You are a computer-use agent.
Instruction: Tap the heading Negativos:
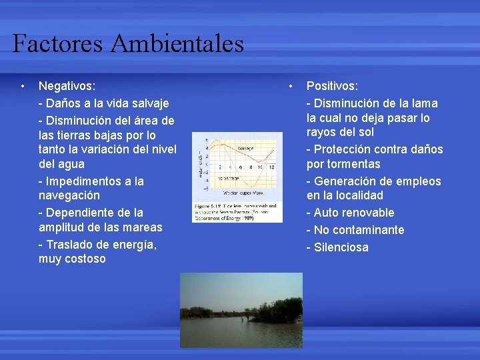tap(67, 86)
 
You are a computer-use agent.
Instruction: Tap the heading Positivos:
tap(332, 86)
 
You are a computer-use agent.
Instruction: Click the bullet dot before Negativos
tap(23, 86)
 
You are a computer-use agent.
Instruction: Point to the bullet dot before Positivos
tap(291, 86)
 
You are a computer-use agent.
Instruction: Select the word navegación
tap(69, 195)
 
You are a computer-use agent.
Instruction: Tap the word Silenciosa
tap(342, 247)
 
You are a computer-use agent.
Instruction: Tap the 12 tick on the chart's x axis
tap(272, 167)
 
